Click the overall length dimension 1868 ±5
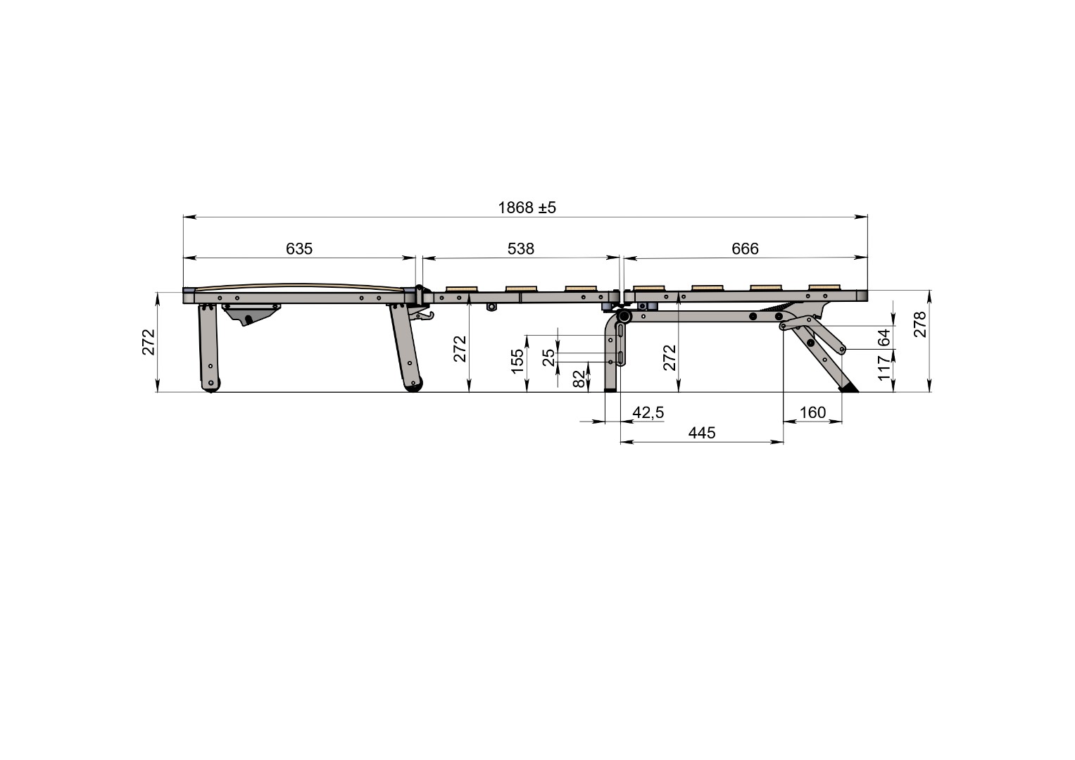527,208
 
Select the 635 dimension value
299,248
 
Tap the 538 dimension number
521,248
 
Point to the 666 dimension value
745,248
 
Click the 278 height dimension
920,324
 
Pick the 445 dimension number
702,433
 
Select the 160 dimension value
812,412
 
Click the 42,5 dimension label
648,412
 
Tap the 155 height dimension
517,361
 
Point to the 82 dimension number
579,379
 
